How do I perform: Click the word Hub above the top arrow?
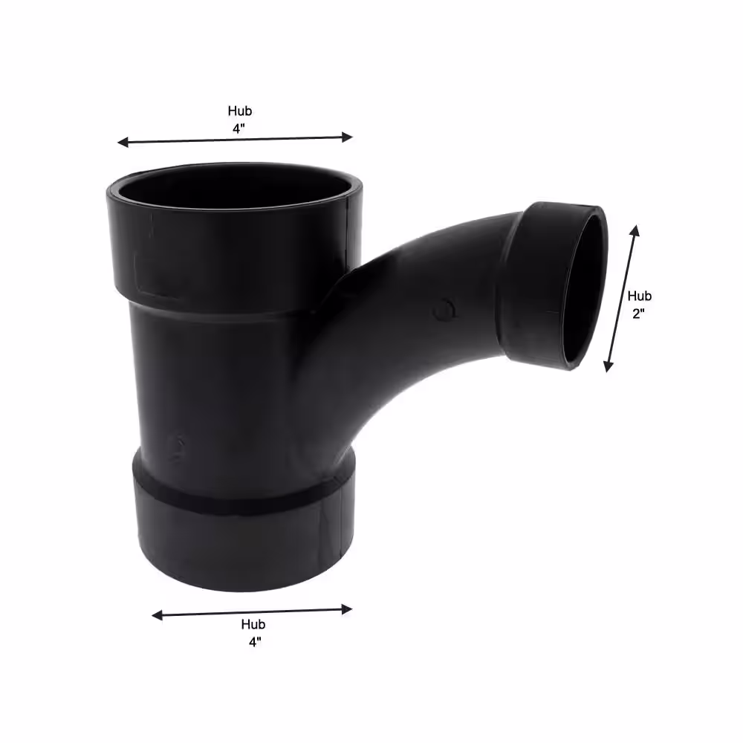(240, 111)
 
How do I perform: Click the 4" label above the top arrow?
(239, 129)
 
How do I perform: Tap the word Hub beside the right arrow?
(639, 296)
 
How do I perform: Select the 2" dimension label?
(639, 314)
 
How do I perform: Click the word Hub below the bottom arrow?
(253, 625)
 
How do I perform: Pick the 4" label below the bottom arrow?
(255, 642)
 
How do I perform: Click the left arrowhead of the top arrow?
(123, 142)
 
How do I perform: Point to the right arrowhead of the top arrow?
(347, 137)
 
